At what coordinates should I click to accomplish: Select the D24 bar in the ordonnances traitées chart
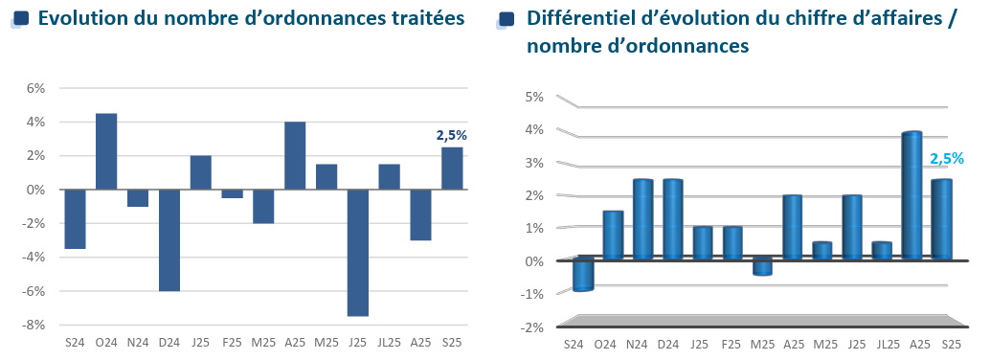[x=169, y=239]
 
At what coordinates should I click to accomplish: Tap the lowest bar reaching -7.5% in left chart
[x=358, y=253]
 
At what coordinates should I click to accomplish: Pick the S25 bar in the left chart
[x=452, y=169]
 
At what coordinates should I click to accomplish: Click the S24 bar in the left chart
[x=75, y=218]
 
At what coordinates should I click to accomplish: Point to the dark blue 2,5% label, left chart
[x=452, y=136]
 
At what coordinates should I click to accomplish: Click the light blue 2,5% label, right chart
[x=946, y=159]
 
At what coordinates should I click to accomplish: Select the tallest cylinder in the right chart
[x=911, y=196]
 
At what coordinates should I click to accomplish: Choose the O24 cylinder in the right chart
[x=613, y=236]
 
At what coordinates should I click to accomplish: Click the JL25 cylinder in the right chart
[x=882, y=251]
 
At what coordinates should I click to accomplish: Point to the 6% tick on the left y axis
[x=35, y=88]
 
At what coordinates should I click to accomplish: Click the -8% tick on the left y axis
[x=34, y=325]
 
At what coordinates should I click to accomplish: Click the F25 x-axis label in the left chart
[x=233, y=341]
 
